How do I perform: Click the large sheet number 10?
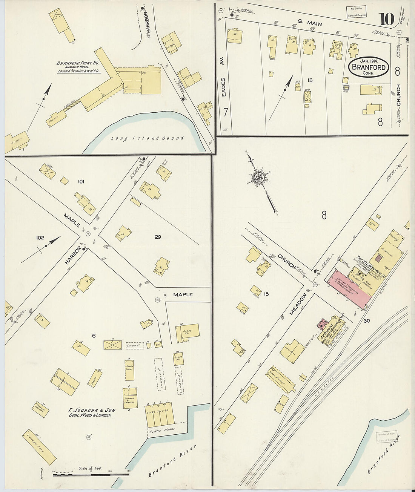click(x=386, y=19)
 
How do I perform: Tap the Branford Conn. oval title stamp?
click(x=369, y=67)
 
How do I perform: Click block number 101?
click(x=81, y=182)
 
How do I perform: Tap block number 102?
click(x=40, y=238)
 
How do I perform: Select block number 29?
click(x=158, y=237)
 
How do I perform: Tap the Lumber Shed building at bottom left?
click(x=39, y=447)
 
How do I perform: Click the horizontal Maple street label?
click(x=183, y=294)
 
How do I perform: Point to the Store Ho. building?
click(x=188, y=333)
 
